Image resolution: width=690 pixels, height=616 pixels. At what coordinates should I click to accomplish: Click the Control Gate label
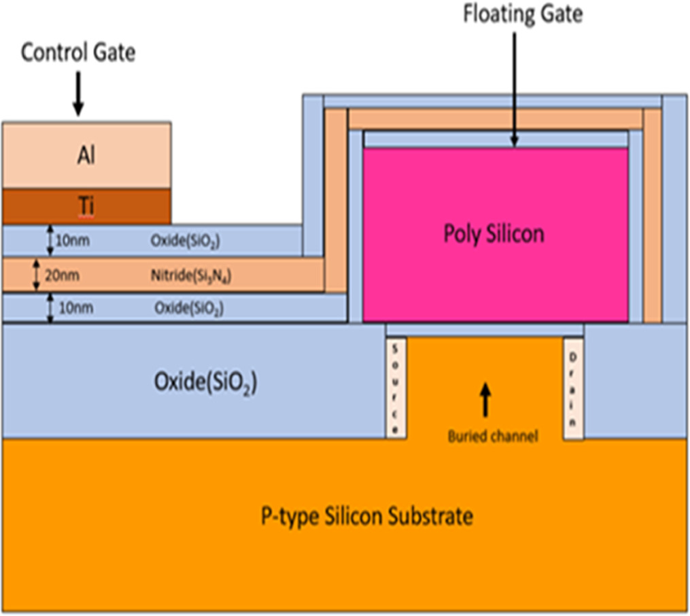tap(78, 53)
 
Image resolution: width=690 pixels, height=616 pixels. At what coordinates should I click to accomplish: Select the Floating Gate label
tap(523, 14)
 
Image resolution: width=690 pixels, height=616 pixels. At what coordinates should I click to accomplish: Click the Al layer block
tap(86, 156)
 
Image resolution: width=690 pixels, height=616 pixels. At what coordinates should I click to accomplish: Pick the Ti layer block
tap(86, 207)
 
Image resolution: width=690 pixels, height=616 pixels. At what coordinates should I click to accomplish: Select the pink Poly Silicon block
tap(495, 272)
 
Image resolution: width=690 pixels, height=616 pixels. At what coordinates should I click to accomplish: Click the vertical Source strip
tap(396, 388)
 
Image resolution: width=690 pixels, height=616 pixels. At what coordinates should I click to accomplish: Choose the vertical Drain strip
tap(573, 388)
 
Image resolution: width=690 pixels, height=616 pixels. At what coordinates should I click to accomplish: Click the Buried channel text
tap(493, 437)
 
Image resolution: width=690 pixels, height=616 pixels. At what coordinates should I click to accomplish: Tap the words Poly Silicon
tap(494, 234)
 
